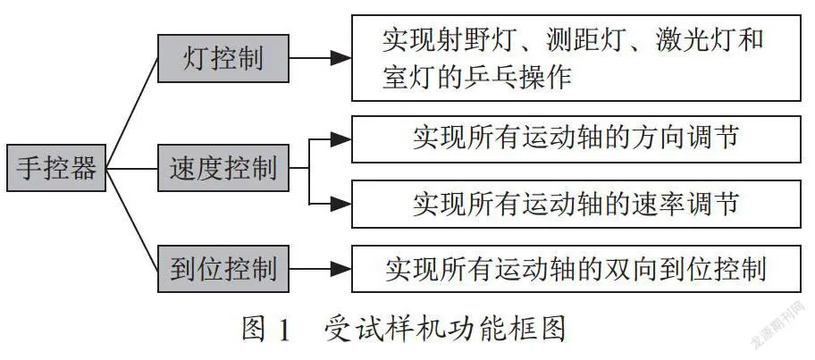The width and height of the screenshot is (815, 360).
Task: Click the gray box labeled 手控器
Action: (56, 168)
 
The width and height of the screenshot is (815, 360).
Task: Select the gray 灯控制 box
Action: (223, 58)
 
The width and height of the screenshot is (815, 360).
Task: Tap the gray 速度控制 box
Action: (223, 168)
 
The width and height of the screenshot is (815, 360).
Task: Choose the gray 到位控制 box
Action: (223, 269)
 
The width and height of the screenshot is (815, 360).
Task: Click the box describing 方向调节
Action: (576, 139)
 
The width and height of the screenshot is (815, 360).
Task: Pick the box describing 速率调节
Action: (576, 205)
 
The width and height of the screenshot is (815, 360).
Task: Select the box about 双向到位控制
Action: (576, 269)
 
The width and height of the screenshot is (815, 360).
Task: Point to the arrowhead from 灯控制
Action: (341, 58)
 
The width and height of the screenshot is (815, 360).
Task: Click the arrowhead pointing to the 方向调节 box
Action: (341, 139)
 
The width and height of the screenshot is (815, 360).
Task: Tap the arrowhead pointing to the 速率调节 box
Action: (341, 205)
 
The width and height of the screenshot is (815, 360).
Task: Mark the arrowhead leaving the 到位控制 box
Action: (341, 269)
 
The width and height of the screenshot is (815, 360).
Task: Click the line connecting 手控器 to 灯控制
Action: (132, 113)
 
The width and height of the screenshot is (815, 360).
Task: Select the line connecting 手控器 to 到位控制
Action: (132, 219)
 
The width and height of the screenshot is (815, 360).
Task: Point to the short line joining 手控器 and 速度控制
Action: (132, 168)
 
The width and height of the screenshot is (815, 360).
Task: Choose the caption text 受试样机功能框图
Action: (444, 330)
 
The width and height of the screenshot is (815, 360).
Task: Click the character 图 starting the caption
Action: (255, 330)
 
